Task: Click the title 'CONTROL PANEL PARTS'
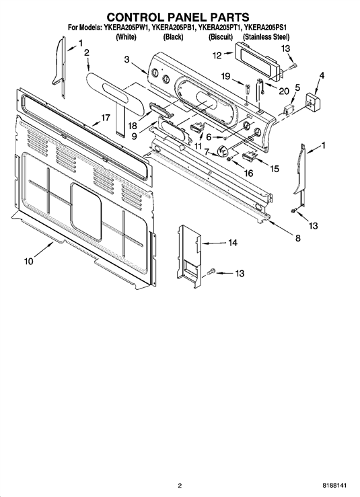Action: [x=178, y=17]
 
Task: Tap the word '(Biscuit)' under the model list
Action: [x=221, y=37]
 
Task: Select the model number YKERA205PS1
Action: [x=266, y=28]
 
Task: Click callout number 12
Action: [x=217, y=55]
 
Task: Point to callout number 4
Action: [x=322, y=75]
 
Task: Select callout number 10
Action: [x=28, y=261]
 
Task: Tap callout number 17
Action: [x=105, y=118]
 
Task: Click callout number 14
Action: [x=233, y=243]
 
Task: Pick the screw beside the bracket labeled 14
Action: [x=211, y=271]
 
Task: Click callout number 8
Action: [x=298, y=237]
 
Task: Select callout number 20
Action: [x=284, y=91]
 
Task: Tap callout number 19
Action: [x=225, y=76]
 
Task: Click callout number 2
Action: [x=86, y=52]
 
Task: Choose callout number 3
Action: [x=127, y=59]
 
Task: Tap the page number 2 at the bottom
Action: [x=180, y=486]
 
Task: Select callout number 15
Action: [x=275, y=169]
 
